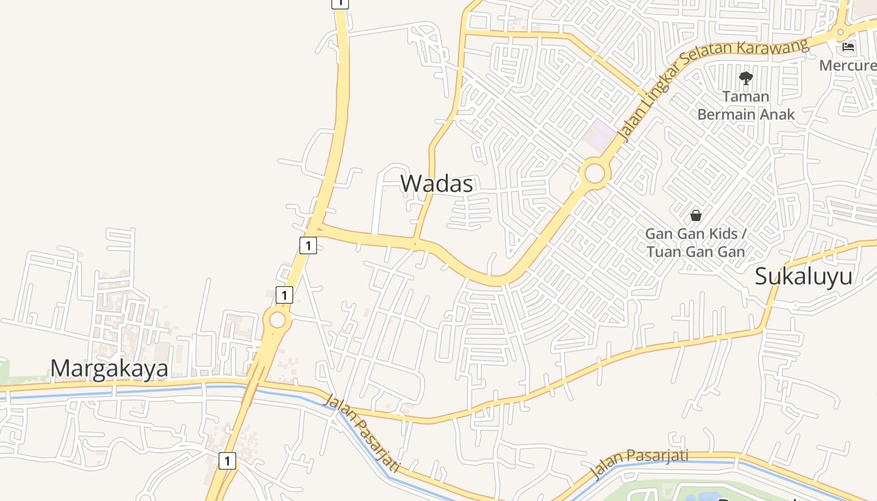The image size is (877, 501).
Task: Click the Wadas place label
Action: (x=437, y=183)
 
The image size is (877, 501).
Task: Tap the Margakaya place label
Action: (x=109, y=368)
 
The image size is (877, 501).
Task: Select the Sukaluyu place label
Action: (x=803, y=276)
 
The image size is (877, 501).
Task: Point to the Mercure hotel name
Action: (x=848, y=65)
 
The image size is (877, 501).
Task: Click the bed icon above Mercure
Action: (x=848, y=46)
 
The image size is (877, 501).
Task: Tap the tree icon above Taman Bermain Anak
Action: (x=745, y=78)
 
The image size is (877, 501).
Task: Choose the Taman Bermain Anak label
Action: (x=745, y=105)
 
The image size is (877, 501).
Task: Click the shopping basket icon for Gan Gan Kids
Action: (x=695, y=215)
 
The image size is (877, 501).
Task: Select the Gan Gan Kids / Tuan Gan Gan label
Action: (x=695, y=243)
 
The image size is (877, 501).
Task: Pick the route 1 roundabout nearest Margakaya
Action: (x=278, y=321)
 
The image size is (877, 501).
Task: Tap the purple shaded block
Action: (x=601, y=133)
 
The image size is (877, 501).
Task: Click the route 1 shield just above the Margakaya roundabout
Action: (x=284, y=294)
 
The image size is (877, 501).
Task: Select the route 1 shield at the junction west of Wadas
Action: (x=308, y=245)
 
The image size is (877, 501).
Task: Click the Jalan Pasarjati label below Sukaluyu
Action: (x=639, y=463)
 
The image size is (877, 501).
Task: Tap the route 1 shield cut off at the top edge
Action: (x=340, y=3)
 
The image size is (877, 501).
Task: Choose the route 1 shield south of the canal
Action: (x=227, y=461)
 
